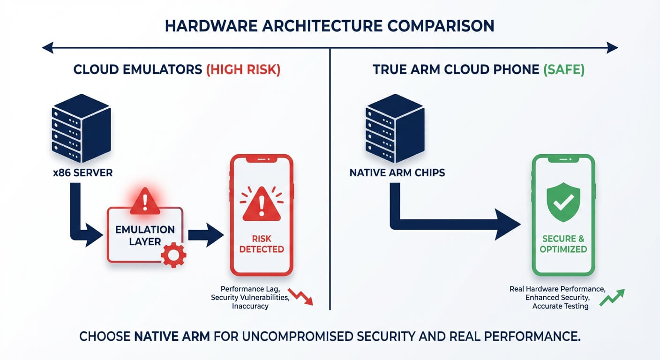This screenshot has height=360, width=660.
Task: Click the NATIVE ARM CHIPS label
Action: click(x=397, y=172)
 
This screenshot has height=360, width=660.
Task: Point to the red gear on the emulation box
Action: click(x=173, y=255)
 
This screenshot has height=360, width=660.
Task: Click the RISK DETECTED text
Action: click(x=262, y=244)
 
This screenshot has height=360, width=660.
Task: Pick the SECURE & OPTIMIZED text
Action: click(x=563, y=244)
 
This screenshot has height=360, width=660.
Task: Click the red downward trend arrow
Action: click(x=300, y=296)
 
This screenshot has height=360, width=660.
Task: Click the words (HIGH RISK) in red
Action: click(x=243, y=70)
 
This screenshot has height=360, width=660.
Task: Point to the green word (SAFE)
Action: click(x=564, y=70)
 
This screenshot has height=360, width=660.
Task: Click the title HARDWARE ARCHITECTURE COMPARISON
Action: click(x=330, y=26)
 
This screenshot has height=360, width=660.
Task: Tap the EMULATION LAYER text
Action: click(x=145, y=235)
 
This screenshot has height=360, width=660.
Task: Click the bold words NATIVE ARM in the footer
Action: click(x=172, y=336)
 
